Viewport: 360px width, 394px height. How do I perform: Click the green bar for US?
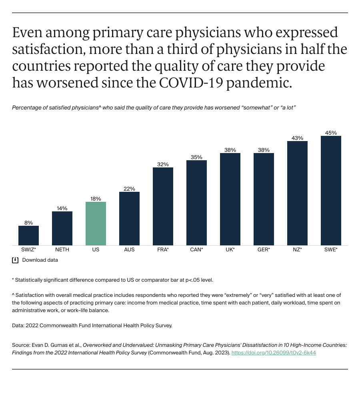point(96,223)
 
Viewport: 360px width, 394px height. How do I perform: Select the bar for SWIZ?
point(28,235)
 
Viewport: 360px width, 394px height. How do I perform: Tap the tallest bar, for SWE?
point(331,191)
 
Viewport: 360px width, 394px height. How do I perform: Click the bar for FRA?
point(163,206)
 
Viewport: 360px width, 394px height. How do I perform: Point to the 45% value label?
point(331,133)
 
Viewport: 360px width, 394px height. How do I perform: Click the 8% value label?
point(28,223)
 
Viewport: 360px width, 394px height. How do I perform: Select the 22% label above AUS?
point(129,189)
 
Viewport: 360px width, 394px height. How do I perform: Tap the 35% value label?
point(196,157)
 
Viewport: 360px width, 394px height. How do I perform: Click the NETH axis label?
point(62,250)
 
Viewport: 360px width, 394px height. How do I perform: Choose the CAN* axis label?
point(196,250)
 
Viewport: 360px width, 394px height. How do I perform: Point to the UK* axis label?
point(230,250)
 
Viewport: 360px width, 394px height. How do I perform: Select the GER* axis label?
point(264,250)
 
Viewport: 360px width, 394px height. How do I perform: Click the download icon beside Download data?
point(15,260)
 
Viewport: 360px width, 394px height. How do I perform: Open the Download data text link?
point(40,260)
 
